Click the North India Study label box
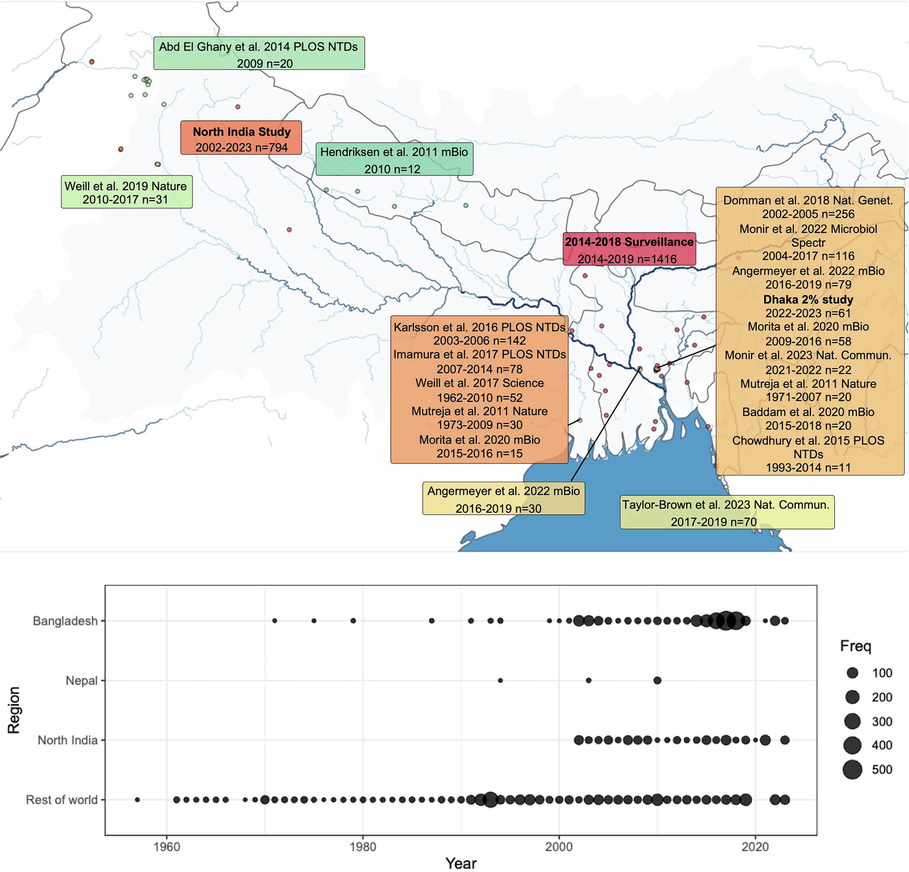(241, 138)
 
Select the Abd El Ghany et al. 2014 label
(259, 54)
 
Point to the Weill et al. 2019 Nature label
(126, 192)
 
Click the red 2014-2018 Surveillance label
(629, 249)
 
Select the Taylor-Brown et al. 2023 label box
(727, 512)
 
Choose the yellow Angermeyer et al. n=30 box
(503, 499)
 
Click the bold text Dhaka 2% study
(808, 300)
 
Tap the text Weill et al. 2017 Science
(480, 383)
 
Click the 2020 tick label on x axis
(756, 847)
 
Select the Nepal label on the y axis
(82, 681)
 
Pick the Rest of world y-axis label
(62, 800)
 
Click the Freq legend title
(856, 646)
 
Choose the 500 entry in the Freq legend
(882, 770)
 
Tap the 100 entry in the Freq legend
(882, 673)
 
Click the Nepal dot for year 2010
(657, 681)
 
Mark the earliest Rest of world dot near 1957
(137, 800)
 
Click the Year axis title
(460, 863)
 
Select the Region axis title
(14, 710)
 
